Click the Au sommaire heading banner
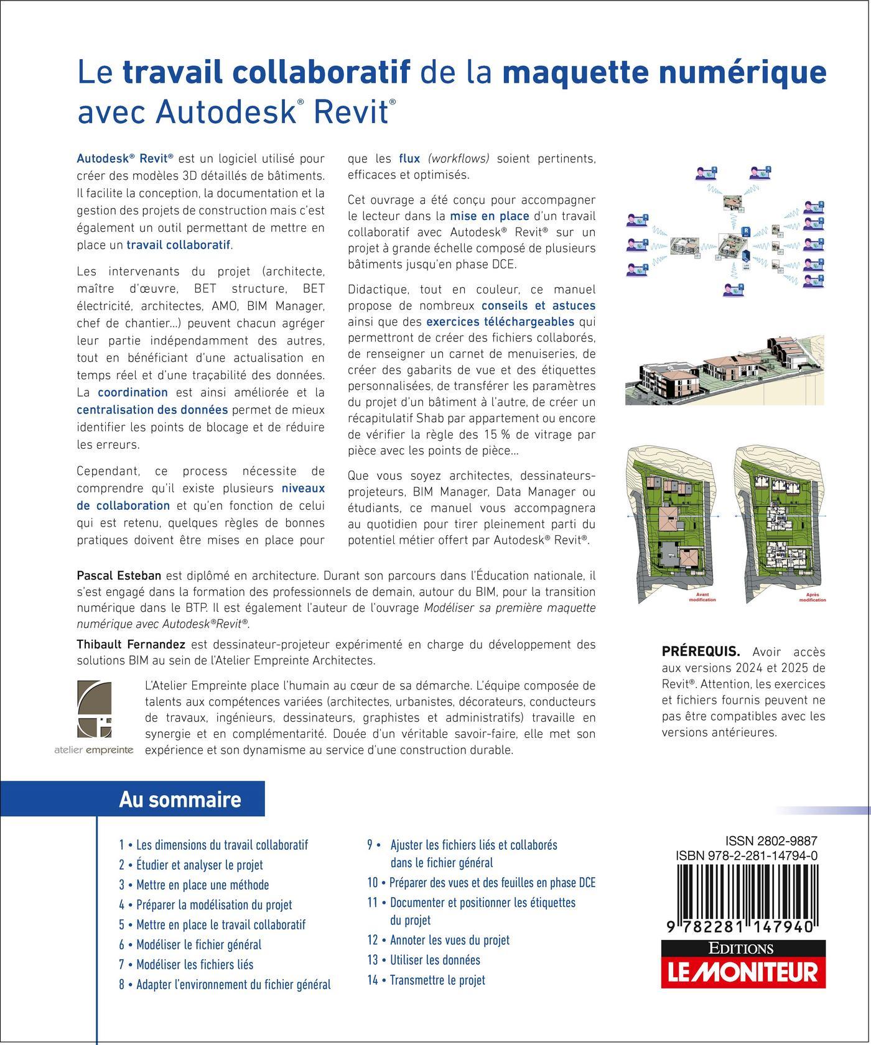click(x=180, y=799)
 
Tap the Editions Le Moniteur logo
click(x=743, y=964)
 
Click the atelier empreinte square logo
click(x=94, y=709)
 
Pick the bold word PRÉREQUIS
click(x=701, y=651)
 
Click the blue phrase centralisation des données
click(x=152, y=410)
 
